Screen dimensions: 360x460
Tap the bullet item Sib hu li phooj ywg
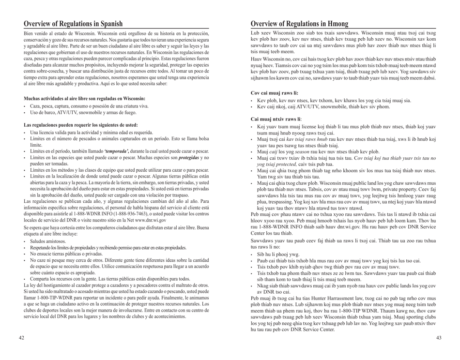[x=279, y=253]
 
